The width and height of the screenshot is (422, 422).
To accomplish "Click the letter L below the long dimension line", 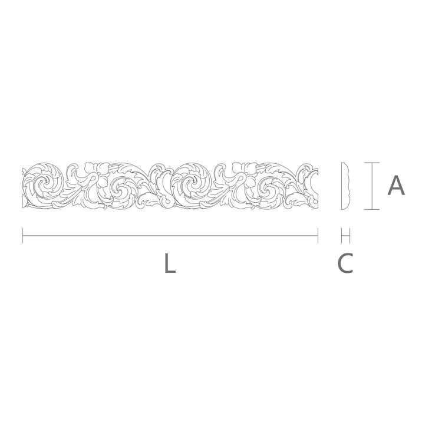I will [170, 263].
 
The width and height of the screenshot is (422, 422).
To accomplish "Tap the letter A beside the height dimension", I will [396, 185].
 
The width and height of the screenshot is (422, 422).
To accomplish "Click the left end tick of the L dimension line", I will [22, 236].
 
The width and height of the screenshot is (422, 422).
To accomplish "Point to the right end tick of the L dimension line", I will [318, 236].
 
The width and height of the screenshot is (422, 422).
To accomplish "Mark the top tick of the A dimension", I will [370, 162].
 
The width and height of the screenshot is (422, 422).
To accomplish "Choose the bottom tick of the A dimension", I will [370, 209].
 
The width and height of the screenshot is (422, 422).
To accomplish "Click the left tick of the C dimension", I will [342, 236].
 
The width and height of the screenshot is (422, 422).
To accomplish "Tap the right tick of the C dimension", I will [350, 236].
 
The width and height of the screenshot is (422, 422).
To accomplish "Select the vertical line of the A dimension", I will [370, 186].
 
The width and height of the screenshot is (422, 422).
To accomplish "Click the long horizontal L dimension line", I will [171, 236].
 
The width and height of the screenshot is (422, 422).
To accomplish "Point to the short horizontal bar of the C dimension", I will [346, 236].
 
